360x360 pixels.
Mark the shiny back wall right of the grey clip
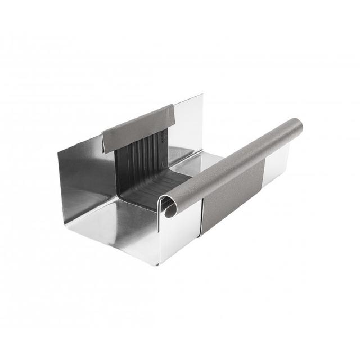[x=189, y=121]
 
